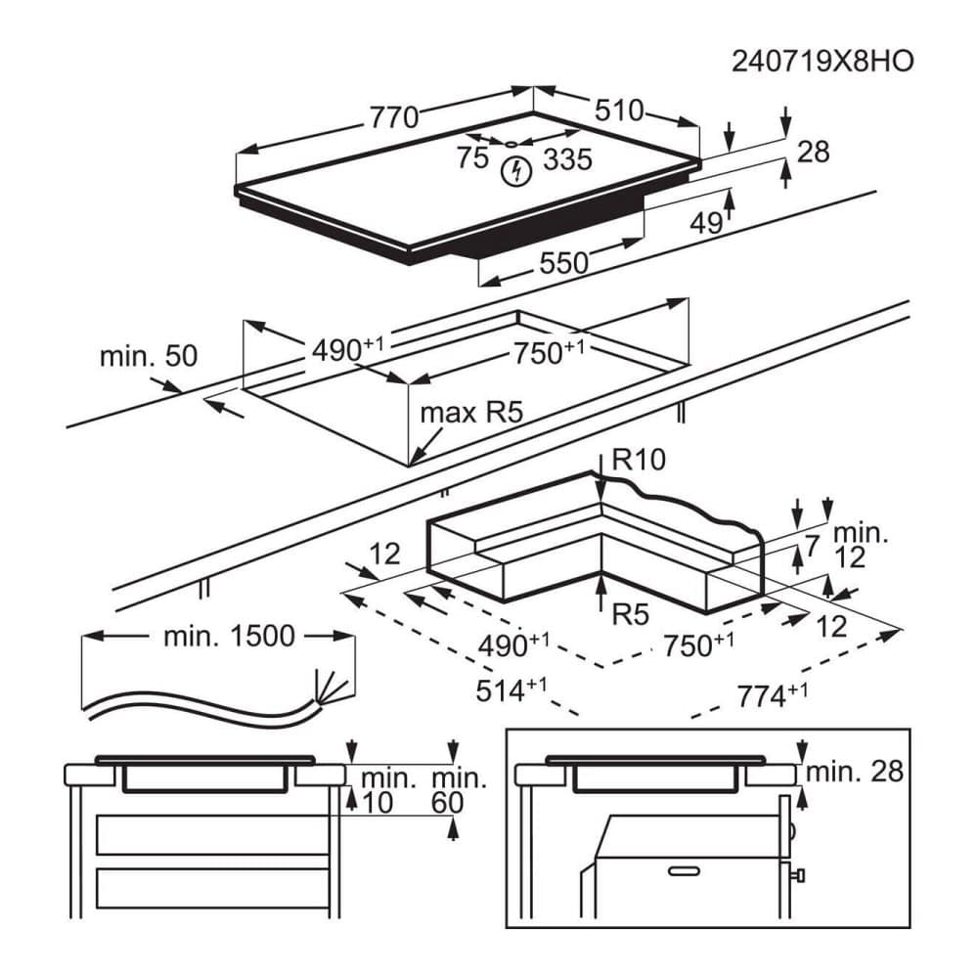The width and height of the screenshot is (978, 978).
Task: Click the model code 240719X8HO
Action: click(822, 61)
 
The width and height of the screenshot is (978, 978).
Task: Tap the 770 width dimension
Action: click(394, 117)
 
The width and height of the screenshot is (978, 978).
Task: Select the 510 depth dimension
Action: click(619, 111)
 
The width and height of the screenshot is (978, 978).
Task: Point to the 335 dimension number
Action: click(567, 159)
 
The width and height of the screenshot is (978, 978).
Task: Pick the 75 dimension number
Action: click(472, 157)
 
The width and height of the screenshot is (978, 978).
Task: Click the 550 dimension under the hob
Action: click(564, 263)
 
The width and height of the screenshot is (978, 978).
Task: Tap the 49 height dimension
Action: click(706, 223)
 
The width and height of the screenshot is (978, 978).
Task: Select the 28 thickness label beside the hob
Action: click(814, 153)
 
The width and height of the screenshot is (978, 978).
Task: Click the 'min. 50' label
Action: click(149, 356)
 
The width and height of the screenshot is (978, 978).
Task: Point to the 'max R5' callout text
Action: click(471, 413)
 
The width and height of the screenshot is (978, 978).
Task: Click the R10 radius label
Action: click(639, 460)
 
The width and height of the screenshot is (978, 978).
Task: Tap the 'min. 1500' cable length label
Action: click(229, 637)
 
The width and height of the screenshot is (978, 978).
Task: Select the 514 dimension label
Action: click(511, 690)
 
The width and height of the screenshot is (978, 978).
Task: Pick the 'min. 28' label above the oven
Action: click(855, 773)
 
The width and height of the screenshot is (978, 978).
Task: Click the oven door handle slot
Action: click(684, 871)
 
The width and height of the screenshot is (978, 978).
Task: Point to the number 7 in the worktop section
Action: click(811, 547)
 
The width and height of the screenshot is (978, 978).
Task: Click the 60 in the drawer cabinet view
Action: click(447, 803)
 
